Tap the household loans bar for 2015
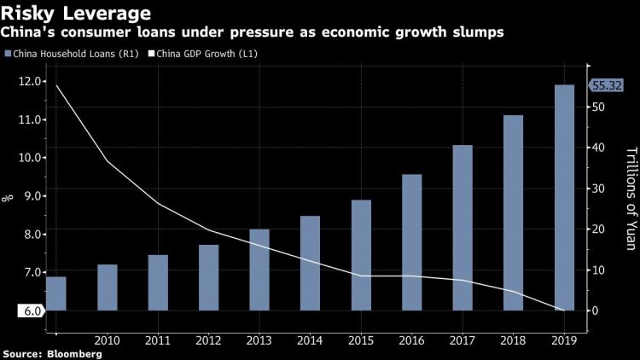pos(360,255)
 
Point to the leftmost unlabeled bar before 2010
pos(56,293)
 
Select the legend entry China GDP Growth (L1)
pos(205,54)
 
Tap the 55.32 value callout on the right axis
pos(607,86)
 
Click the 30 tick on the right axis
pos(601,189)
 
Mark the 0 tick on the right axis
pos(598,311)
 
